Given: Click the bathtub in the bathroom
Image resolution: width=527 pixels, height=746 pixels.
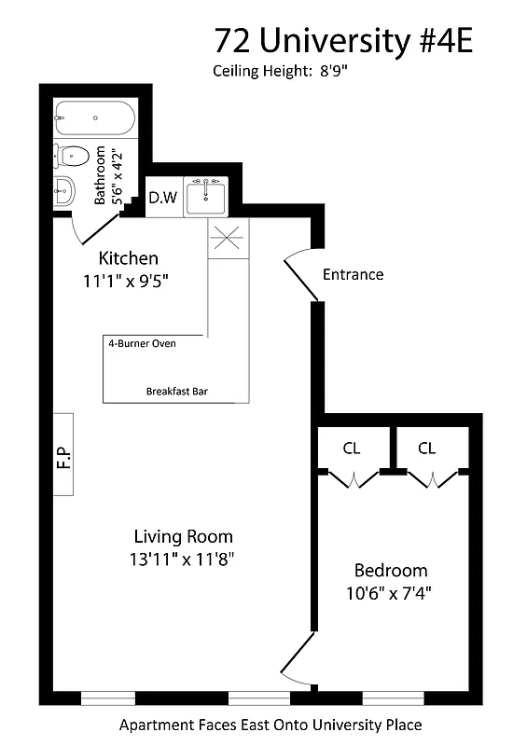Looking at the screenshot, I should pos(94,118).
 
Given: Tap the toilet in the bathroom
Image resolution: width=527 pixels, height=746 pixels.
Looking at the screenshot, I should pos(73,155).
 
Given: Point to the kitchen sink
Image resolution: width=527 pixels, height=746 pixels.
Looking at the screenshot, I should pos(205,197).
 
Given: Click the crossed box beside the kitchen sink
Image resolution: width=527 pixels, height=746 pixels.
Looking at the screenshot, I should pos(229,239).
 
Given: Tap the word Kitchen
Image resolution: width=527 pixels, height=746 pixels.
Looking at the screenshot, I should pos(129,258).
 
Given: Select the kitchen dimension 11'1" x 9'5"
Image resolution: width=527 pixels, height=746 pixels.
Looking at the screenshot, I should pos(129,278).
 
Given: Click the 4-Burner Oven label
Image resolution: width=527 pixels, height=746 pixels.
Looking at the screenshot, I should pos(143,343).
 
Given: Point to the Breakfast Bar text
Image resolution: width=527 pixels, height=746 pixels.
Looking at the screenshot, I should pos(176,392).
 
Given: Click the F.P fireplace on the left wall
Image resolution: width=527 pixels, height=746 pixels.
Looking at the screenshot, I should pos(63,454).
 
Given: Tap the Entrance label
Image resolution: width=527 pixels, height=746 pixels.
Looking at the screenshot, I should pos(353,274).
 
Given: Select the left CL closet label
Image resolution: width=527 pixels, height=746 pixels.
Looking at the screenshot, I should pos(351,449).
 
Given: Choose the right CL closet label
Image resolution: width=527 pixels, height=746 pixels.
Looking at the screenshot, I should pos(426,449).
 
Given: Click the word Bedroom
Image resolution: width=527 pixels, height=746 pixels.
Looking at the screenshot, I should pos(391,571).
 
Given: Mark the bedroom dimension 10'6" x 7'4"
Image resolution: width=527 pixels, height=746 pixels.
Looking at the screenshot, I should pos(391,591).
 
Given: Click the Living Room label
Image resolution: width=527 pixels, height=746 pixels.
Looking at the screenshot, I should pos(183,537).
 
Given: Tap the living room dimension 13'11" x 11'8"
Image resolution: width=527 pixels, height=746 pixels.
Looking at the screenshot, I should pos(183,559).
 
